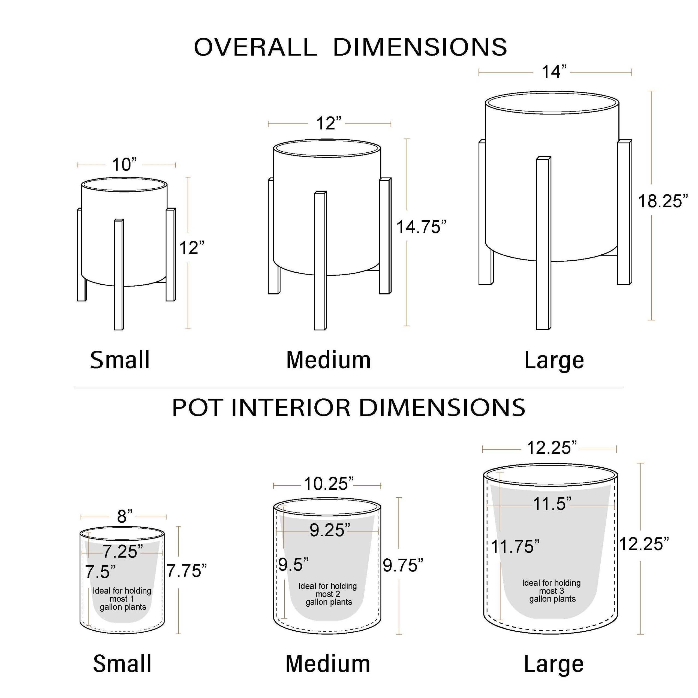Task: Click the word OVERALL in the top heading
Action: pos(256,47)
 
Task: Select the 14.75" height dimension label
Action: pos(422,227)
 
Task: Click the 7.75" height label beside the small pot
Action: pos(186,571)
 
